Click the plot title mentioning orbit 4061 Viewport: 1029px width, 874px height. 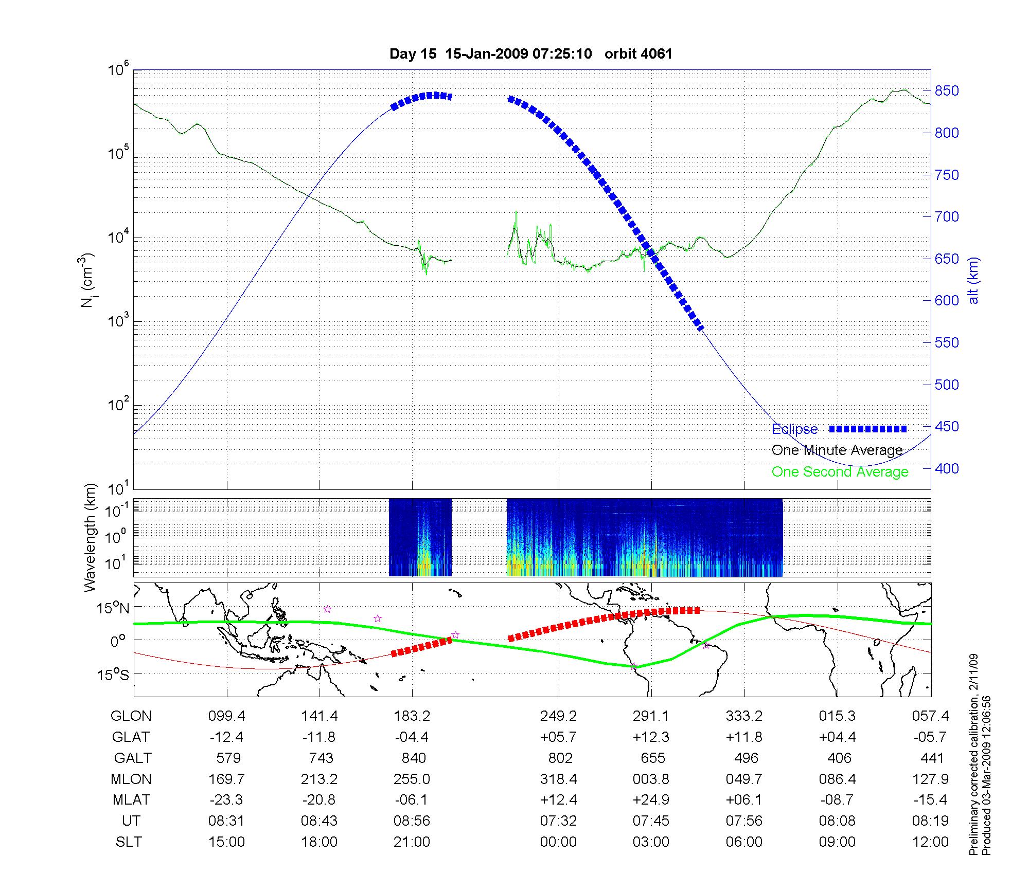tap(531, 54)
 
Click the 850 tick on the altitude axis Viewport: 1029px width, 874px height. tap(947, 91)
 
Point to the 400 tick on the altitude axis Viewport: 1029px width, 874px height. tap(947, 468)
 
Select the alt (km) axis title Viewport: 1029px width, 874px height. tap(973, 280)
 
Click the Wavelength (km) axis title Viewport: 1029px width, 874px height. tap(90, 537)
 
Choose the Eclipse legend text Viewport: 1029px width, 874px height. tap(794, 429)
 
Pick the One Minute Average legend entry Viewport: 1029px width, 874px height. tap(837, 450)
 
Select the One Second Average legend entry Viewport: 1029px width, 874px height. tap(840, 472)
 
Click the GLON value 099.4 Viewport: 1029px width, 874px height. tap(226, 716)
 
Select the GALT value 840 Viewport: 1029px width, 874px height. tap(413, 758)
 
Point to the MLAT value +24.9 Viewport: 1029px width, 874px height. tap(651, 800)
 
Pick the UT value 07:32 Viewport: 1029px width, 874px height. tap(558, 821)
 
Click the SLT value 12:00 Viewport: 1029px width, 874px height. tap(930, 842)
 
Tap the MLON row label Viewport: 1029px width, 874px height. tap(131, 779)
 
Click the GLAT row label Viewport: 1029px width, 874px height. tap(131, 737)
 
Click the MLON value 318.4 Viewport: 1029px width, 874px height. tap(558, 779)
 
